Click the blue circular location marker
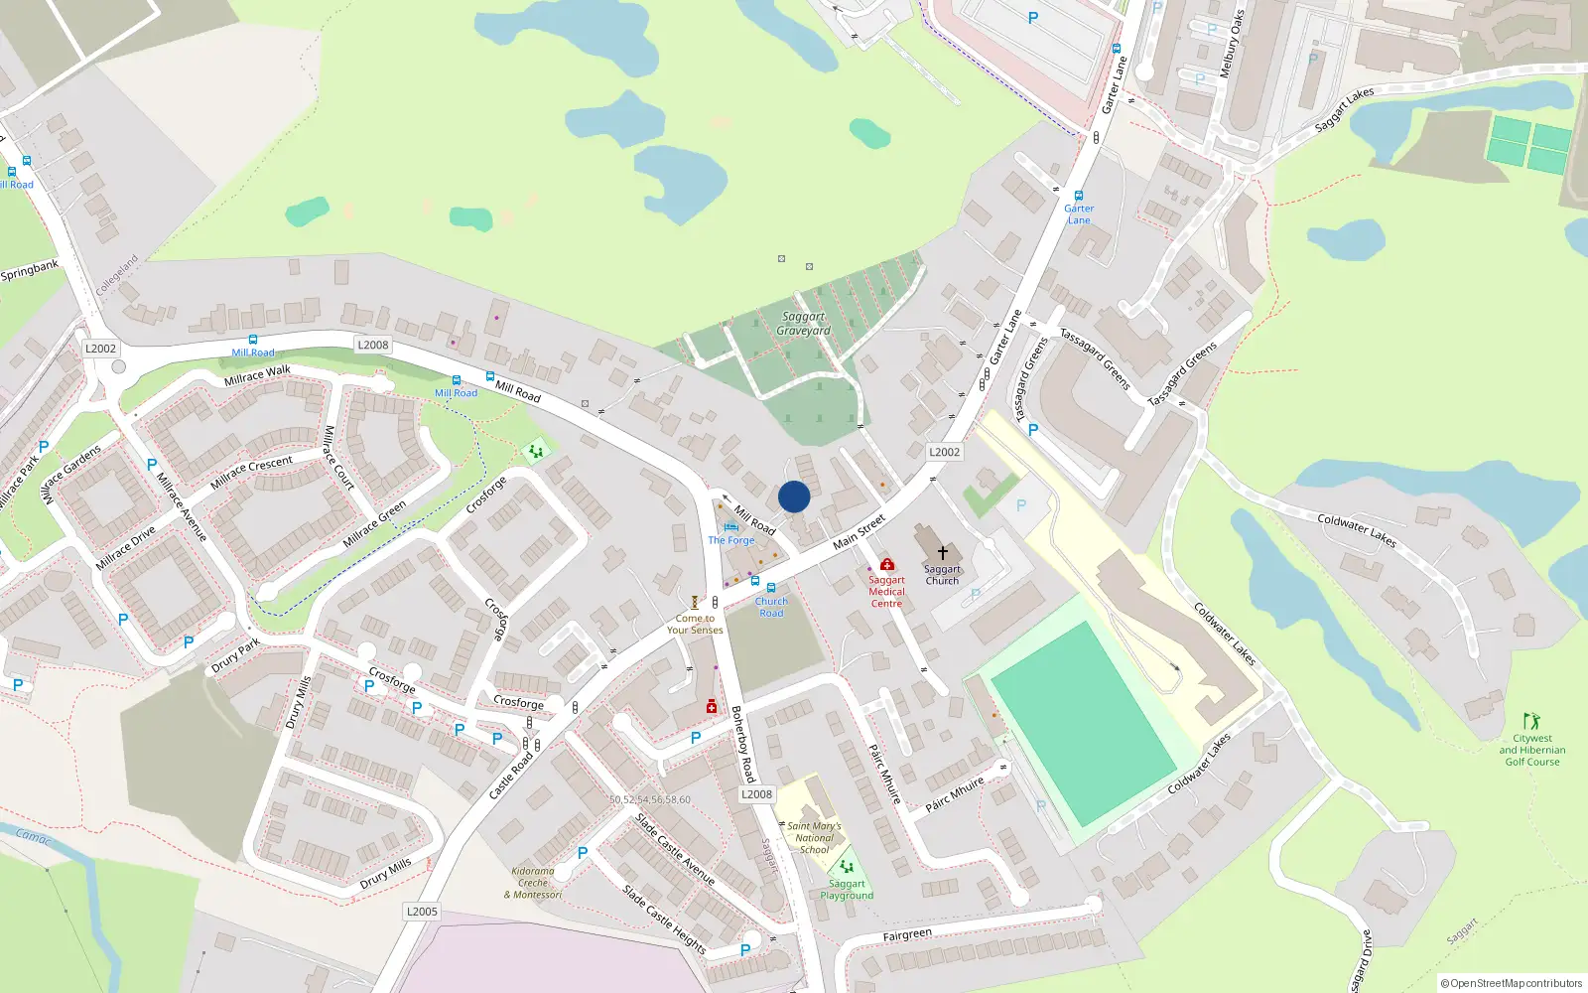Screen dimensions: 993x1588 (x=794, y=496)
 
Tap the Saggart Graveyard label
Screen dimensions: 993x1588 (x=803, y=324)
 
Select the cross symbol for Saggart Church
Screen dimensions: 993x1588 (x=942, y=552)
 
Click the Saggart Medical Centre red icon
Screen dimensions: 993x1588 (x=887, y=564)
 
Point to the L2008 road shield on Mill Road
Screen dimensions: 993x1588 (x=372, y=345)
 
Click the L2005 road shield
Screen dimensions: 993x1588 (x=422, y=911)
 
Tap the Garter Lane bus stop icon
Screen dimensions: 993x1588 (x=1079, y=196)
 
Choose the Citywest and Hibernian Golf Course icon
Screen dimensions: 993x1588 (x=1531, y=720)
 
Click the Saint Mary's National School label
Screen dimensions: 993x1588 (x=814, y=837)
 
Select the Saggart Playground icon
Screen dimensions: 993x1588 (x=847, y=866)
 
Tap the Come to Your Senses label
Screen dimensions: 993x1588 (x=695, y=624)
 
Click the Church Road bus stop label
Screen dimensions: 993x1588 (x=771, y=607)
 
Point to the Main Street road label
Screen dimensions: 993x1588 (x=859, y=532)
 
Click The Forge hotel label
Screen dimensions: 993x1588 (x=731, y=540)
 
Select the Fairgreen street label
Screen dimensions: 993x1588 (x=907, y=934)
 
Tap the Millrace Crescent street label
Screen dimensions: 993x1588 (x=252, y=472)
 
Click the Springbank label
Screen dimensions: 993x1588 (x=30, y=269)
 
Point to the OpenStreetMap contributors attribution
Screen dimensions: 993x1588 (x=1511, y=983)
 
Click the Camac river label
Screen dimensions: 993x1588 (x=33, y=836)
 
